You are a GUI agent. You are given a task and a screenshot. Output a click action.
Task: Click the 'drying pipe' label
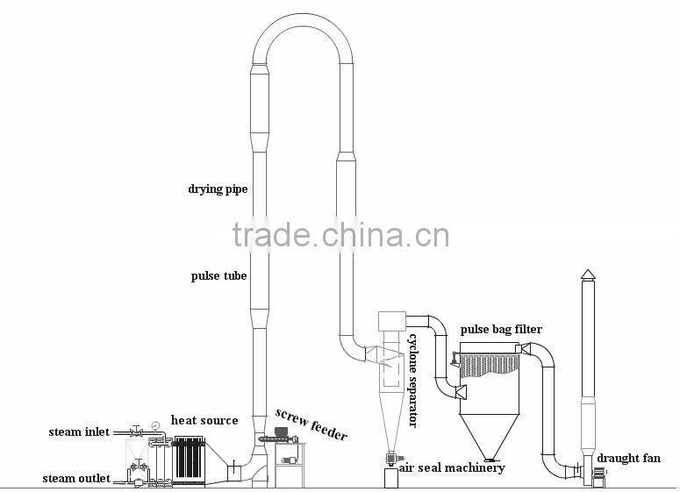coord(217,189)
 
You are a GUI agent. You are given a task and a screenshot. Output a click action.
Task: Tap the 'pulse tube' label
coord(219,276)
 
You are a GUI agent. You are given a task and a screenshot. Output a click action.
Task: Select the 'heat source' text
coord(204,421)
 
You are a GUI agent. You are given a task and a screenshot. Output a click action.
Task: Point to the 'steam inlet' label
coord(80,431)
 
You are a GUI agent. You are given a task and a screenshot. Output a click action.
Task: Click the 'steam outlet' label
coord(77,478)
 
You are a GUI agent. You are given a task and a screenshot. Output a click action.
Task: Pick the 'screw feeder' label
coord(311,424)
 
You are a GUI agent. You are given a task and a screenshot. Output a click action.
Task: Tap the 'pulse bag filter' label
coord(501,330)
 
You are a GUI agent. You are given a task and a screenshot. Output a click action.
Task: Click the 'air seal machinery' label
coord(452,467)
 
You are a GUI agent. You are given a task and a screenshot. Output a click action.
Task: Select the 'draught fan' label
coord(628,458)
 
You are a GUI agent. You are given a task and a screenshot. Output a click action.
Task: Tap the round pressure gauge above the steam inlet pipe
coord(154,425)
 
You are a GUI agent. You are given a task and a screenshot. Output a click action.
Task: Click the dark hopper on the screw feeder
coord(282,431)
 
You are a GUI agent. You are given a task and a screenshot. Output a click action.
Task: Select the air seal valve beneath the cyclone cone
coord(389,457)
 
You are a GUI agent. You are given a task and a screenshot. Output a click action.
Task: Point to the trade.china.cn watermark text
coord(340,235)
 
